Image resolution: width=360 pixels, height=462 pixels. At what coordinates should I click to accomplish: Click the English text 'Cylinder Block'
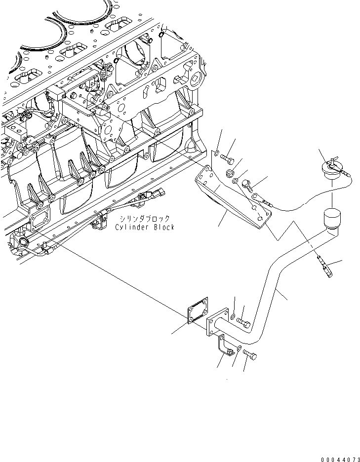tap(144, 227)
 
